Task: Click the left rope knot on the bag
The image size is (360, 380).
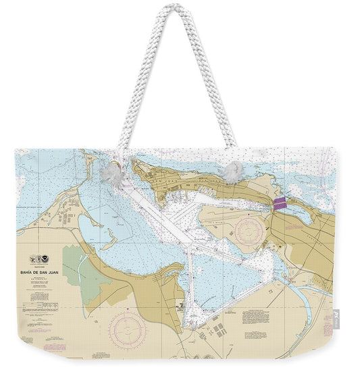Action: click(110, 173)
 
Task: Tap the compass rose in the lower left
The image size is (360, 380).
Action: click(128, 327)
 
